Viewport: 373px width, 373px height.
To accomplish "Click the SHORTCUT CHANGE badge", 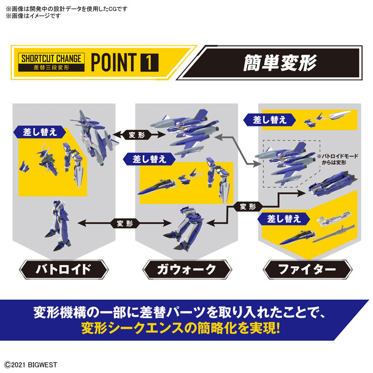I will (51, 62).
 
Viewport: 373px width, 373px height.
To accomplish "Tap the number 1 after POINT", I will (149, 62).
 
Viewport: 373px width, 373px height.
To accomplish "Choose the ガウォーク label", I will (186, 269).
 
